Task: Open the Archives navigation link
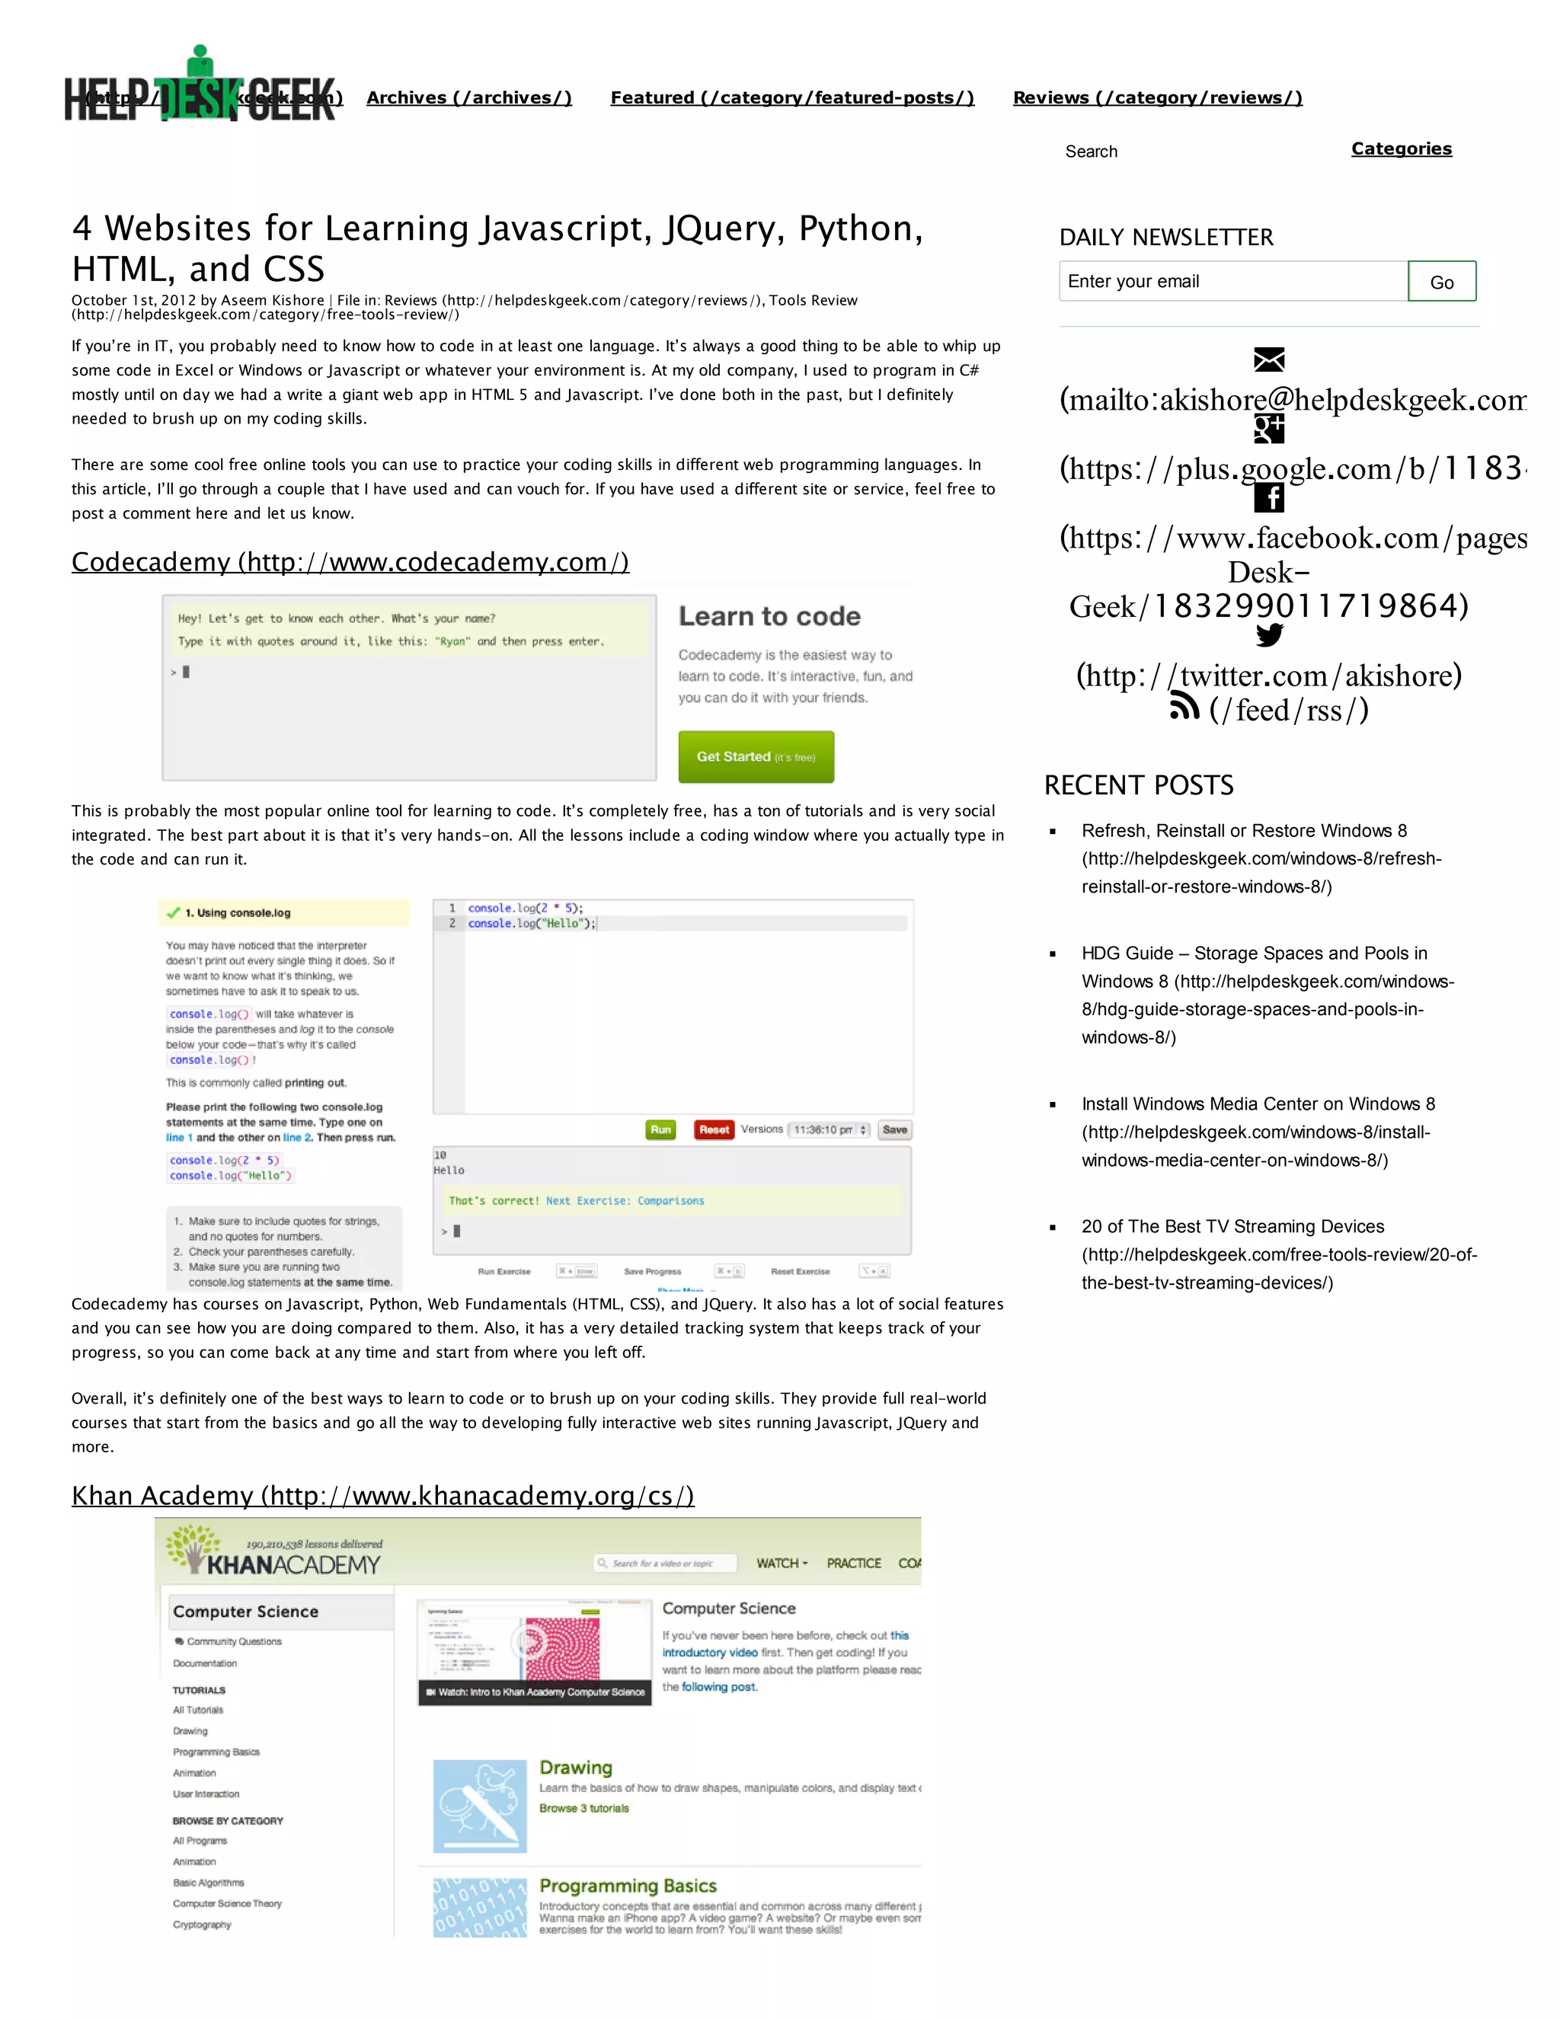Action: click(x=468, y=98)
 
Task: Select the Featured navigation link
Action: click(x=791, y=98)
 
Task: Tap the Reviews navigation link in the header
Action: click(x=1157, y=98)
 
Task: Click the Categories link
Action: click(x=1401, y=149)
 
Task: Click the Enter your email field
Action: click(x=1232, y=281)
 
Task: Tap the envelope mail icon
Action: click(x=1269, y=359)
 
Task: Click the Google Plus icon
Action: click(x=1269, y=428)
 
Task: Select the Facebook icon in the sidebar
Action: click(x=1269, y=497)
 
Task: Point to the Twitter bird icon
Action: click(x=1269, y=635)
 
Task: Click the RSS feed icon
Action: click(x=1184, y=708)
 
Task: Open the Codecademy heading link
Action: click(x=350, y=562)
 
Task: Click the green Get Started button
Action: click(x=756, y=756)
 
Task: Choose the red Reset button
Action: click(x=714, y=1129)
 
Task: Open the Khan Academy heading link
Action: click(x=383, y=1496)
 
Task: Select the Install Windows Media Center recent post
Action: click(x=1258, y=1132)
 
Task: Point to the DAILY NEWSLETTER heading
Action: click(x=1166, y=238)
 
